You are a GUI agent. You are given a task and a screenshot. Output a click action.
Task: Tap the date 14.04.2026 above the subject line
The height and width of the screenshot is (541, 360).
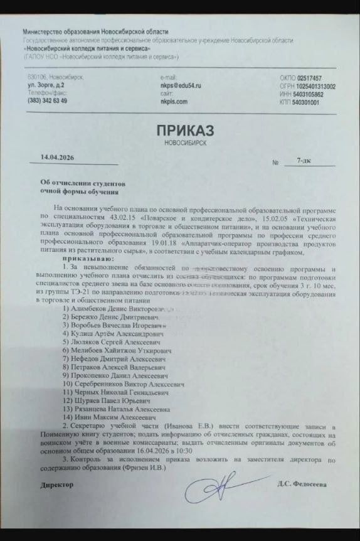tap(57, 157)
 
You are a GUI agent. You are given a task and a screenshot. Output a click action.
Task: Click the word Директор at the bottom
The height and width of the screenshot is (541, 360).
tap(56, 485)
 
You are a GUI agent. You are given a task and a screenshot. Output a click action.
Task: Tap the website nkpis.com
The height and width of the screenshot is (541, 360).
tap(174, 100)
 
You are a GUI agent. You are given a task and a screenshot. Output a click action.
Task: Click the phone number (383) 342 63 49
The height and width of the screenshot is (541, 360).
tap(48, 100)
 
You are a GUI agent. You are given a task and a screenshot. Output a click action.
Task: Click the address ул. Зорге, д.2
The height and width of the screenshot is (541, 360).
tap(46, 85)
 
